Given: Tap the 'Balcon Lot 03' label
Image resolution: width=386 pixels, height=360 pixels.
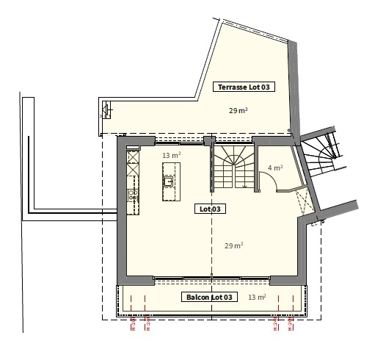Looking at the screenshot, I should click(x=211, y=297).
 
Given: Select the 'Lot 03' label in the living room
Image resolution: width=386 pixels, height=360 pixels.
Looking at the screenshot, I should click(x=211, y=209).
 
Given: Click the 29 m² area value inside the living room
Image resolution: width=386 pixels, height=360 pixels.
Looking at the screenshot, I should click(x=234, y=245).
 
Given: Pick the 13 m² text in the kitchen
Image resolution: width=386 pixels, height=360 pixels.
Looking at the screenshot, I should click(x=171, y=155).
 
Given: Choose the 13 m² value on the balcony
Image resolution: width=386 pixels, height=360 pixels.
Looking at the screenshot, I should click(x=257, y=297).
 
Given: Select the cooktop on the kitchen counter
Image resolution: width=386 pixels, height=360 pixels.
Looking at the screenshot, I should click(x=133, y=195).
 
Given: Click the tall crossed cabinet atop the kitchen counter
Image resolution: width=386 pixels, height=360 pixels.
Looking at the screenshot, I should click(x=133, y=158).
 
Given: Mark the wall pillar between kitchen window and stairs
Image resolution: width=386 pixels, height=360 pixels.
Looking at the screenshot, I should click(x=209, y=143).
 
